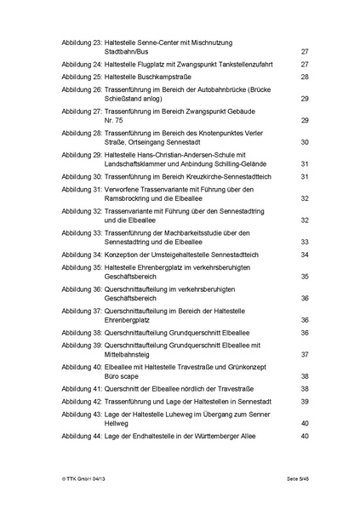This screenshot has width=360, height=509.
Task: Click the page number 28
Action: point(304,77)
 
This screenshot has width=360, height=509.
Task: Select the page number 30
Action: point(304,141)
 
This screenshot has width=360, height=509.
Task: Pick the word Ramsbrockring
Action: point(129,198)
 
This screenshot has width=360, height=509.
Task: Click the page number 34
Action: point(304,254)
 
